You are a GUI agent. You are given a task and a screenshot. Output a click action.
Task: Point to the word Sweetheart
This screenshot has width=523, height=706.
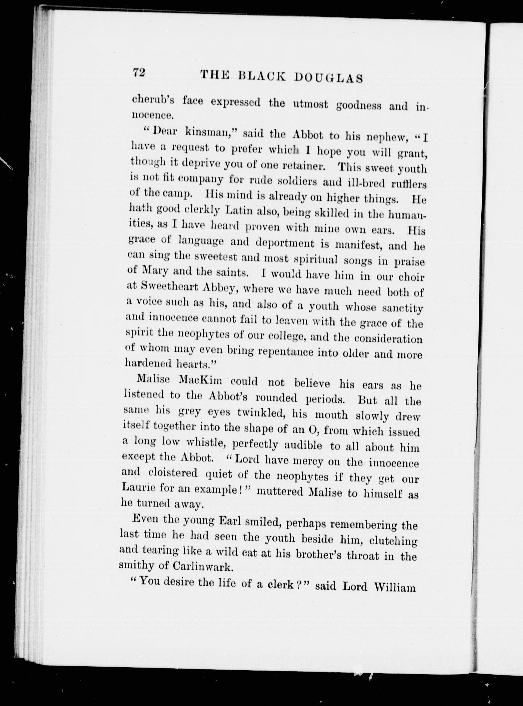170,286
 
